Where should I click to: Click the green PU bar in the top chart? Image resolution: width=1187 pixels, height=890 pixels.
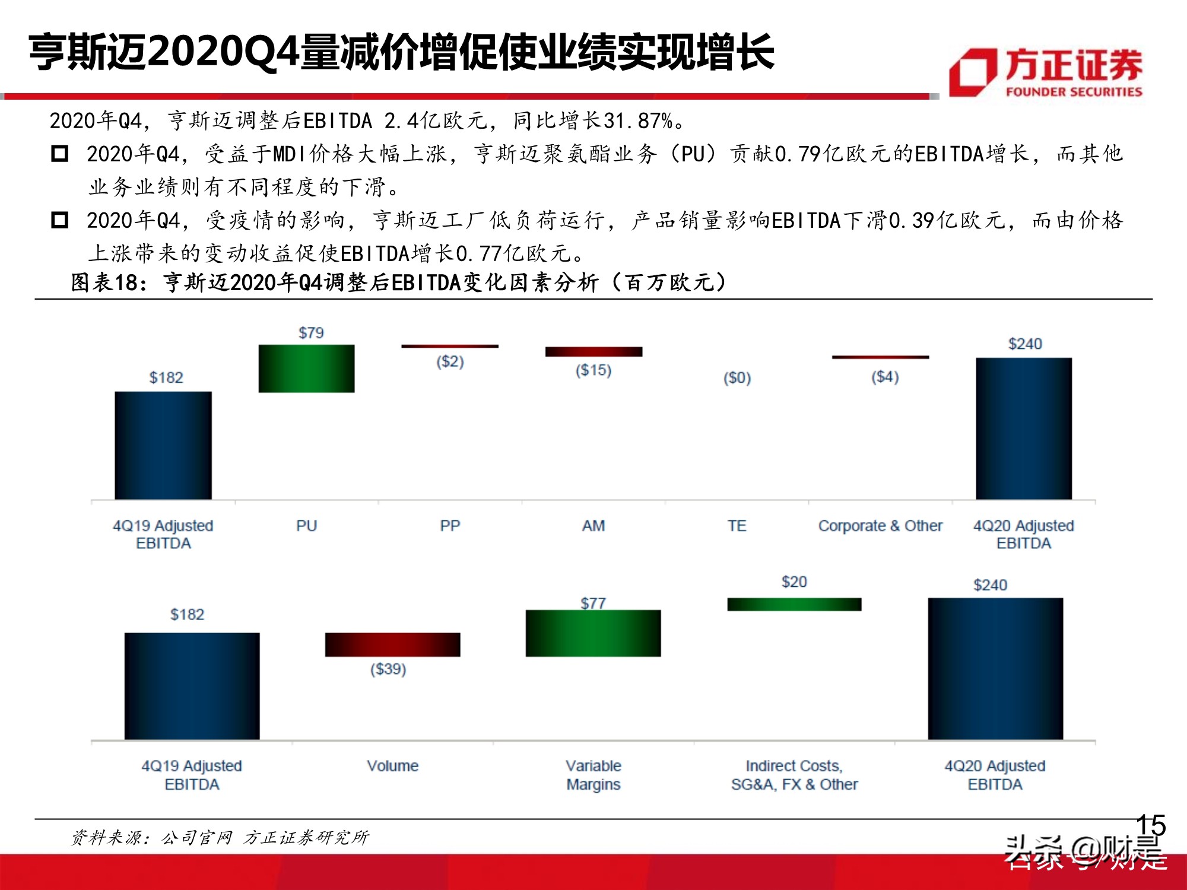(306, 368)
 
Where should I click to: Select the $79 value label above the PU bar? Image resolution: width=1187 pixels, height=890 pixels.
(311, 333)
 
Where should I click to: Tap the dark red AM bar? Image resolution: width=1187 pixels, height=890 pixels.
(593, 352)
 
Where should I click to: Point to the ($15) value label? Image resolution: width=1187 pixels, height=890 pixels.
(593, 370)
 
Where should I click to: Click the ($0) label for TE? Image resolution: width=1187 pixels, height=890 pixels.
(737, 378)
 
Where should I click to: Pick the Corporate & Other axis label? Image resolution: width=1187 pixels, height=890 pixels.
(880, 526)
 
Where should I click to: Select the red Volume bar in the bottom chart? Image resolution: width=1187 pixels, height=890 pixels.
(392, 644)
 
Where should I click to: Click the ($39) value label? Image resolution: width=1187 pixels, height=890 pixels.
(388, 669)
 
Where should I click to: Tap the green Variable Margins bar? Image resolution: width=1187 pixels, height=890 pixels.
(593, 633)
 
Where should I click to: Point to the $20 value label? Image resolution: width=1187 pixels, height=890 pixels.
(794, 582)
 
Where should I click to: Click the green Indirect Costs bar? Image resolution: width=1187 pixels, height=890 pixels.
(794, 604)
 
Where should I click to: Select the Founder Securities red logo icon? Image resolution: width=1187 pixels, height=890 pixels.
(972, 72)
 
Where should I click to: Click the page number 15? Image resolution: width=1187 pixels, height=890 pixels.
(1151, 825)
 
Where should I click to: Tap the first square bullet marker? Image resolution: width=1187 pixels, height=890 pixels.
(60, 154)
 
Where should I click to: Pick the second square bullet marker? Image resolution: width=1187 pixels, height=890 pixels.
(60, 221)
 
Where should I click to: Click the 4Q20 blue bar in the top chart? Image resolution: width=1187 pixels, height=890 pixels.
(1024, 428)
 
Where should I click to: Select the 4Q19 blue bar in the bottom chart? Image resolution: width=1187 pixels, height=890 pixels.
(192, 686)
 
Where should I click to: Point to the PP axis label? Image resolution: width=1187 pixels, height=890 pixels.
(450, 526)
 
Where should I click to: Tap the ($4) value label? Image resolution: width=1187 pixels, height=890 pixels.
(885, 377)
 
